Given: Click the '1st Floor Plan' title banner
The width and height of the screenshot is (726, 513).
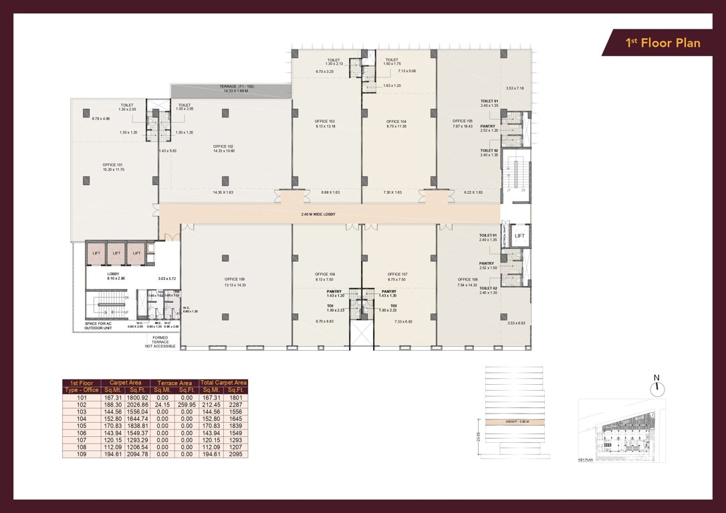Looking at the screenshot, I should point(662,43).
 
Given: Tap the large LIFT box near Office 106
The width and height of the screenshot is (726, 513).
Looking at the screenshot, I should point(519,236).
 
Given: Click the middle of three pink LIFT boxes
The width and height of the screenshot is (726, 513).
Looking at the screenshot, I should point(116,253).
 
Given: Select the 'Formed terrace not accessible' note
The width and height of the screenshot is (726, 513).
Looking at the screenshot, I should point(160,342).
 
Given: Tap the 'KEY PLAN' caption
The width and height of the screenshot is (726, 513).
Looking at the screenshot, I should point(586,460).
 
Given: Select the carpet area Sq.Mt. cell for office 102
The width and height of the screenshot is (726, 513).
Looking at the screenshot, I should point(113,403).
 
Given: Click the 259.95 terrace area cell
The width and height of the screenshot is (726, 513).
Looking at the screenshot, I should point(187,403).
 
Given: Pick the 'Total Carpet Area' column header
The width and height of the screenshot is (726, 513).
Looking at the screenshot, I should point(223,383).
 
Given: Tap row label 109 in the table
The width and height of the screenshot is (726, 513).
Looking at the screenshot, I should point(82,454).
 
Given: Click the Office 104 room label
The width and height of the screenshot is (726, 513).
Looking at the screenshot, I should point(396,124).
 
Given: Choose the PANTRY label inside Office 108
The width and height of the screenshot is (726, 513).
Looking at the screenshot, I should point(334,291).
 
